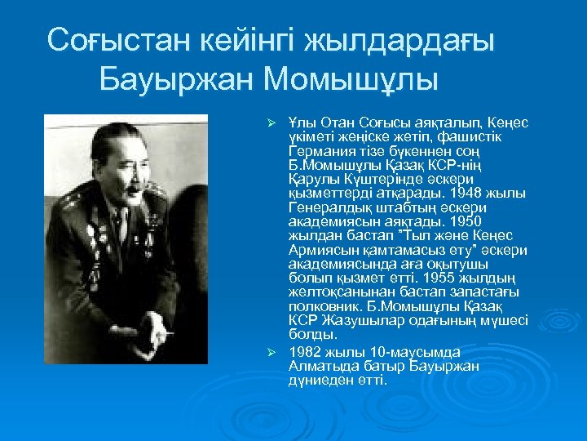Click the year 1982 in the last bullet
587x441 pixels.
click(x=304, y=351)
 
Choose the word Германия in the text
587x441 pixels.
click(x=318, y=151)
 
